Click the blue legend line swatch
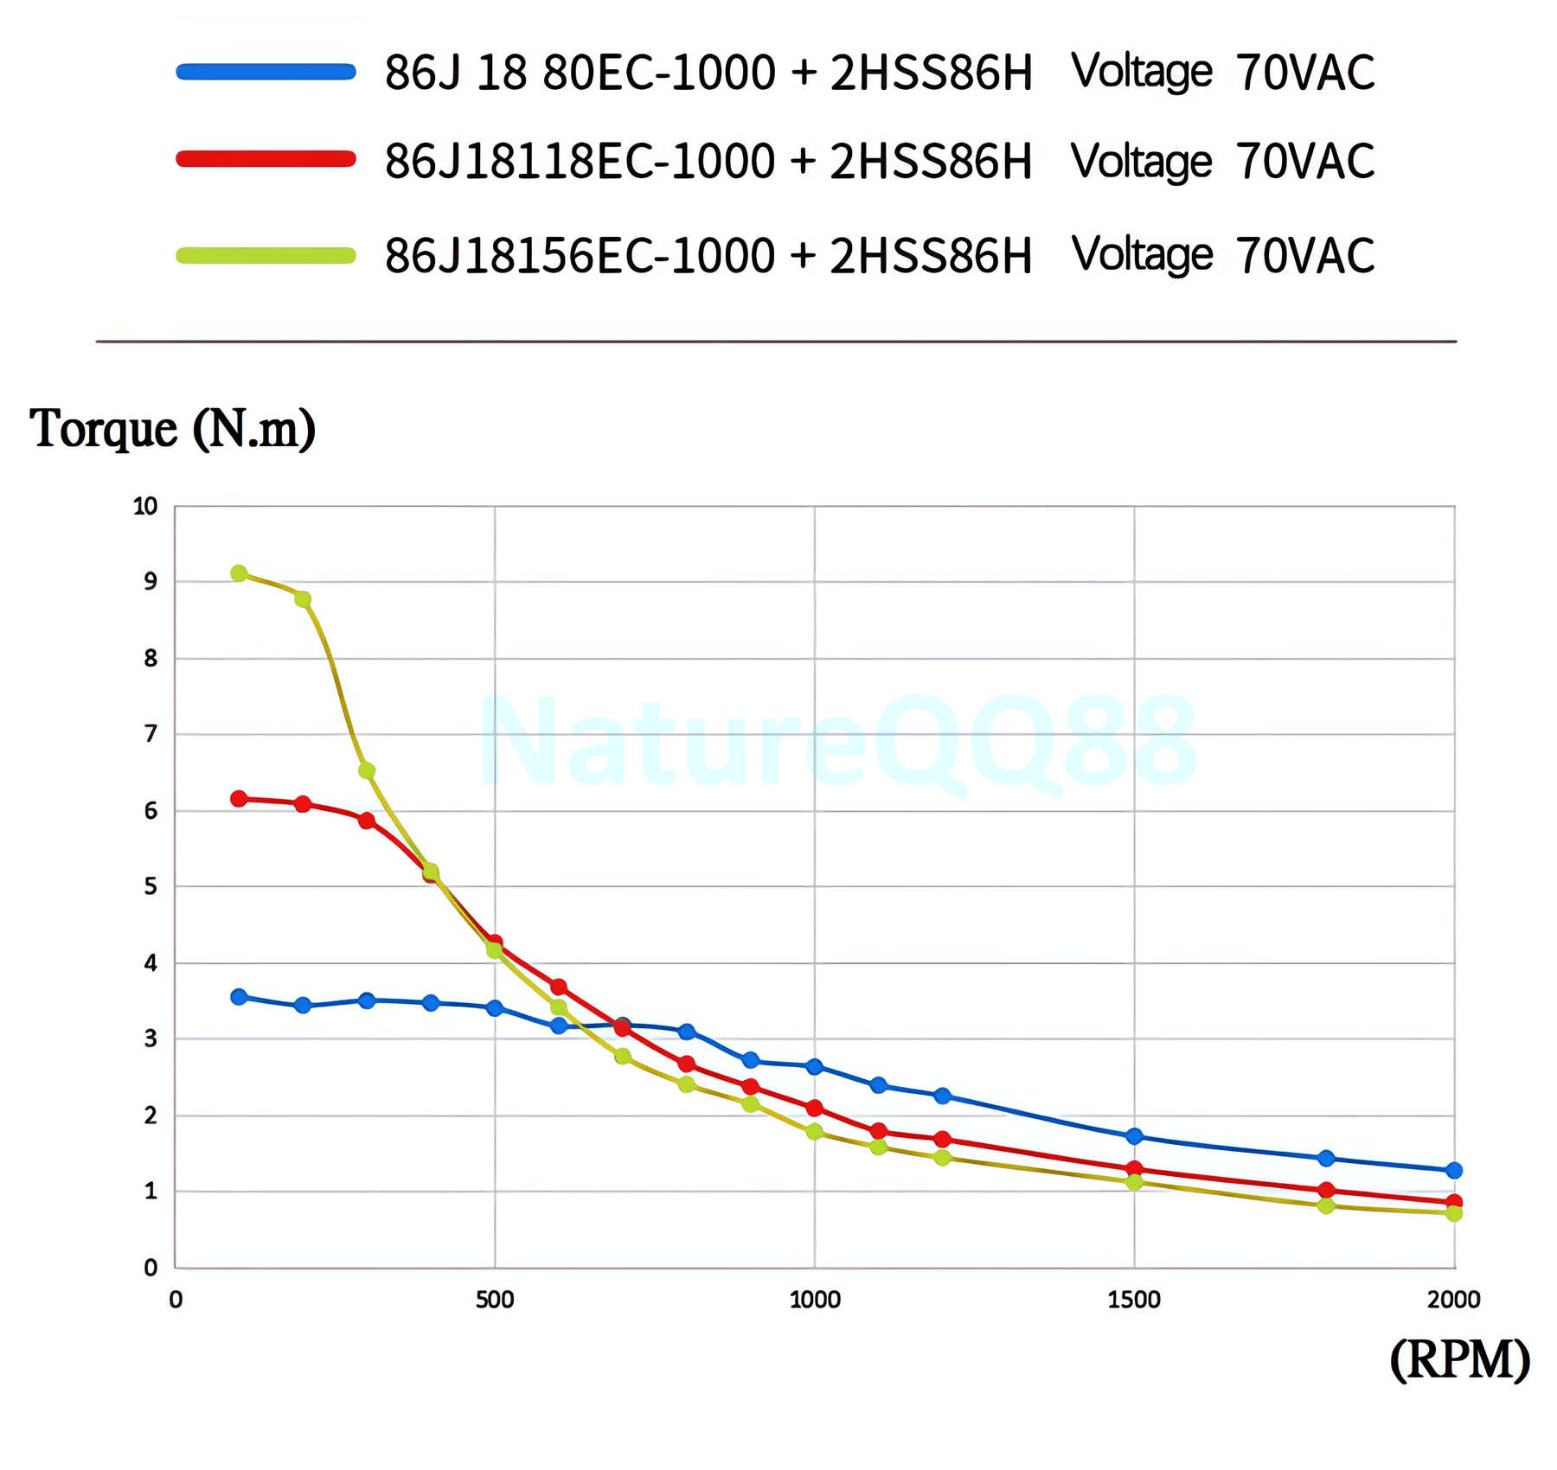(266, 71)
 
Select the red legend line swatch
(266, 158)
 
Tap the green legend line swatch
(266, 255)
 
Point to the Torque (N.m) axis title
(172, 428)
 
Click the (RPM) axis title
(1459, 1360)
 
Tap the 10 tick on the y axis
(145, 507)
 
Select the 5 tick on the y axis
(151, 886)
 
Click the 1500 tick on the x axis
(1134, 1300)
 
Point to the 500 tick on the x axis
(495, 1300)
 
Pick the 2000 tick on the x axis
(1454, 1300)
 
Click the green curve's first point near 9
(239, 573)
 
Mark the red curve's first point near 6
(239, 798)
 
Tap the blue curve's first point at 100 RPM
(239, 997)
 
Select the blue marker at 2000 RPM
(1454, 1171)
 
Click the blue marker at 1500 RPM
(1134, 1136)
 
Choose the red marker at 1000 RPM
(814, 1109)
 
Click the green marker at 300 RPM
(367, 770)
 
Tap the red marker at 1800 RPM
(1326, 1191)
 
